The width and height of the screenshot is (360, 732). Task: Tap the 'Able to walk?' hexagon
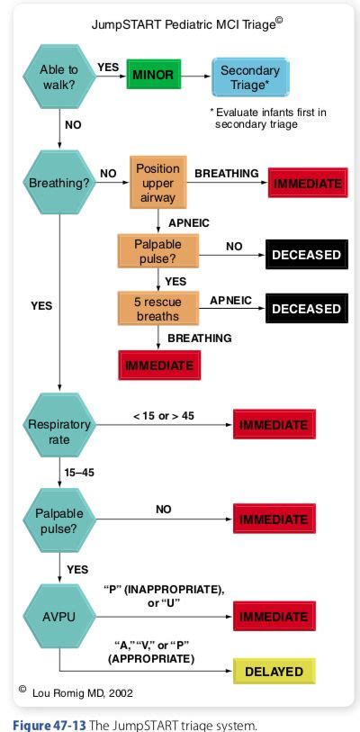click(x=58, y=75)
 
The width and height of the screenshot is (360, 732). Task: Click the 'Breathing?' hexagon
click(x=58, y=183)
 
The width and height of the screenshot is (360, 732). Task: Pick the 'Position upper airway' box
click(x=157, y=183)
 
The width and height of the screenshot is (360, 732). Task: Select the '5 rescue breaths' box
click(x=157, y=308)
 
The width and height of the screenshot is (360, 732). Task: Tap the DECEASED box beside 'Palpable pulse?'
click(x=306, y=255)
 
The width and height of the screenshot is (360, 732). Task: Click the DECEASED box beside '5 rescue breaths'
click(x=306, y=308)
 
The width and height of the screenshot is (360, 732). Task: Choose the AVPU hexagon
click(x=58, y=617)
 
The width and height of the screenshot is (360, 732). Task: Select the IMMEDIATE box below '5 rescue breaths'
click(x=159, y=366)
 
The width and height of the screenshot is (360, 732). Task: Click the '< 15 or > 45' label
click(x=163, y=415)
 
